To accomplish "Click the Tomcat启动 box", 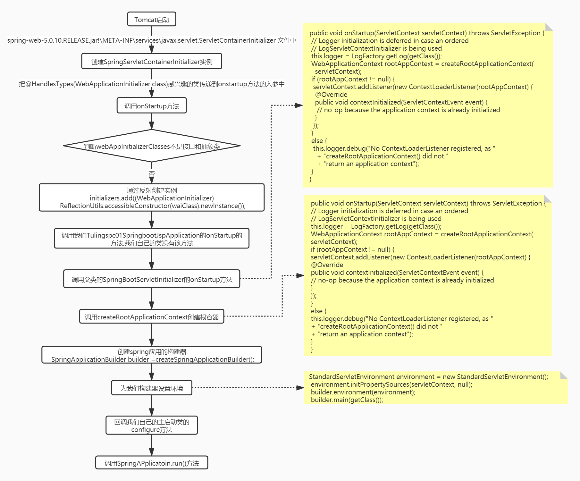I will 152,19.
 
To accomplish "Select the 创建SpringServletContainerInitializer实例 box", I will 152,61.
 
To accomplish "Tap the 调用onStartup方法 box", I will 152,105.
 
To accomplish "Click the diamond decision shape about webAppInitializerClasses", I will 152,146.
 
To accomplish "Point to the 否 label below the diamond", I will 152,174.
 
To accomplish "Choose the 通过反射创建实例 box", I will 152,198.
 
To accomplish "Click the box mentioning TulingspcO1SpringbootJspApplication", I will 152,239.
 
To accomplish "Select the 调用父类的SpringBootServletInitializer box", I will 152,279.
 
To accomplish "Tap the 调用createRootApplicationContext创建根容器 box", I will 152,316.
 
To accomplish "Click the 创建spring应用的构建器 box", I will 152,355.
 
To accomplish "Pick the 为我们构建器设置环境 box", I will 152,388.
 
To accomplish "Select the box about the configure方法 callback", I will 152,425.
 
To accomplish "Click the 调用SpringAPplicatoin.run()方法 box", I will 152,463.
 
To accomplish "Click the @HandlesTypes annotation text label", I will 152,84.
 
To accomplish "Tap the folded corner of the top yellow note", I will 549,27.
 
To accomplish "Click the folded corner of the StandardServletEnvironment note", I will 564,376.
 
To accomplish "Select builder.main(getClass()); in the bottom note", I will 347,400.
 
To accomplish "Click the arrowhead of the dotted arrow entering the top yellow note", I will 299,105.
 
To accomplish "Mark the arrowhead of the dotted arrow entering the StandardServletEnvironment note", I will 300,388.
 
